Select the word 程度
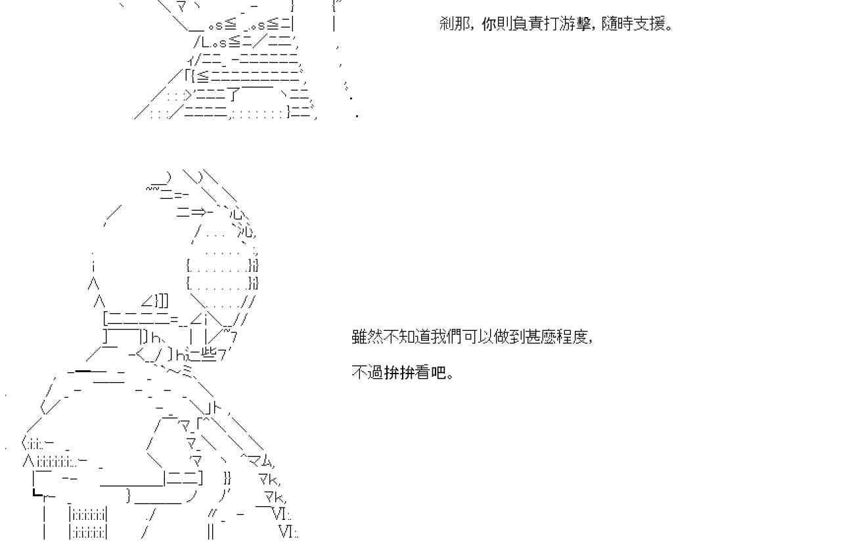(573, 337)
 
